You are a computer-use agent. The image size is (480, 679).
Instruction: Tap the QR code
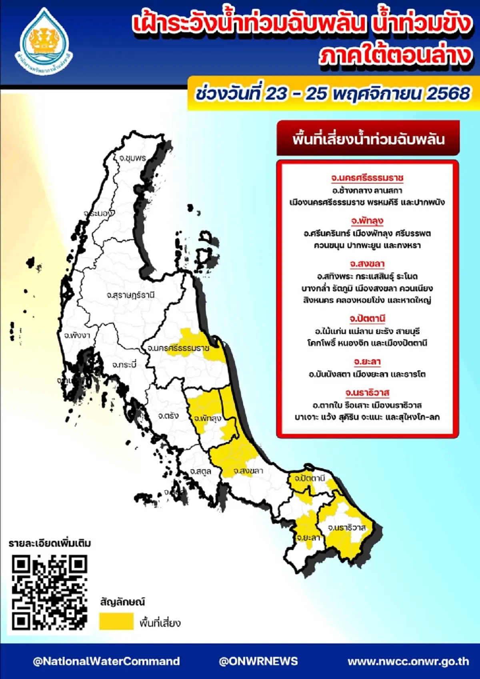pyautogui.click(x=49, y=592)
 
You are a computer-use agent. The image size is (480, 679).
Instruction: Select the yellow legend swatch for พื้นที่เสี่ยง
pyautogui.click(x=116, y=621)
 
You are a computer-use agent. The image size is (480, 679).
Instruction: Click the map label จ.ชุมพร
pyautogui.click(x=132, y=158)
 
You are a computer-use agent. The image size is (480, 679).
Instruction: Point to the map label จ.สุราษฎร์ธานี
pyautogui.click(x=130, y=295)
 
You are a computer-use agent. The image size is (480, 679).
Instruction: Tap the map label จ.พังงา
pyautogui.click(x=77, y=335)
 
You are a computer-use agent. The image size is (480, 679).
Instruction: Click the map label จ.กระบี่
pyautogui.click(x=124, y=365)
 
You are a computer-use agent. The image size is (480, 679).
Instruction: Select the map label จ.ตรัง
pyautogui.click(x=168, y=416)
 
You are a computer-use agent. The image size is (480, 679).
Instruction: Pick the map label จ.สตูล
pyautogui.click(x=200, y=471)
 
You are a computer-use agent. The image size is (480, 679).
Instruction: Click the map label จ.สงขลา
pyautogui.click(x=248, y=471)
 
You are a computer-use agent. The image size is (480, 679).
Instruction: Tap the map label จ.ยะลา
pyautogui.click(x=308, y=537)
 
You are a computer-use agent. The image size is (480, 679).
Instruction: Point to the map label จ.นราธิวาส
pyautogui.click(x=346, y=528)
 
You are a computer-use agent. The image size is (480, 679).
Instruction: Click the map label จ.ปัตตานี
pyautogui.click(x=310, y=478)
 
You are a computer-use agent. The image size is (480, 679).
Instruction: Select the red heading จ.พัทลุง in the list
pyautogui.click(x=367, y=221)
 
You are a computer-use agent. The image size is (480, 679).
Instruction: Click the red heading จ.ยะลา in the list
pyautogui.click(x=367, y=362)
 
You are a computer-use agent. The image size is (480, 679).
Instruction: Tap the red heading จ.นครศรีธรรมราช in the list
pyautogui.click(x=367, y=178)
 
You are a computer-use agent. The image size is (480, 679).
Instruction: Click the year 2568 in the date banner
pyautogui.click(x=448, y=94)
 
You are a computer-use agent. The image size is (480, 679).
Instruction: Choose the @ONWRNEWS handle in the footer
pyautogui.click(x=258, y=661)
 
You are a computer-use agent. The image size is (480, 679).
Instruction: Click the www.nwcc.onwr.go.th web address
pyautogui.click(x=408, y=661)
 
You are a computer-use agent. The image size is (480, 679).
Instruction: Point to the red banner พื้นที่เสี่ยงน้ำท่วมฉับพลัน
pyautogui.click(x=368, y=139)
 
